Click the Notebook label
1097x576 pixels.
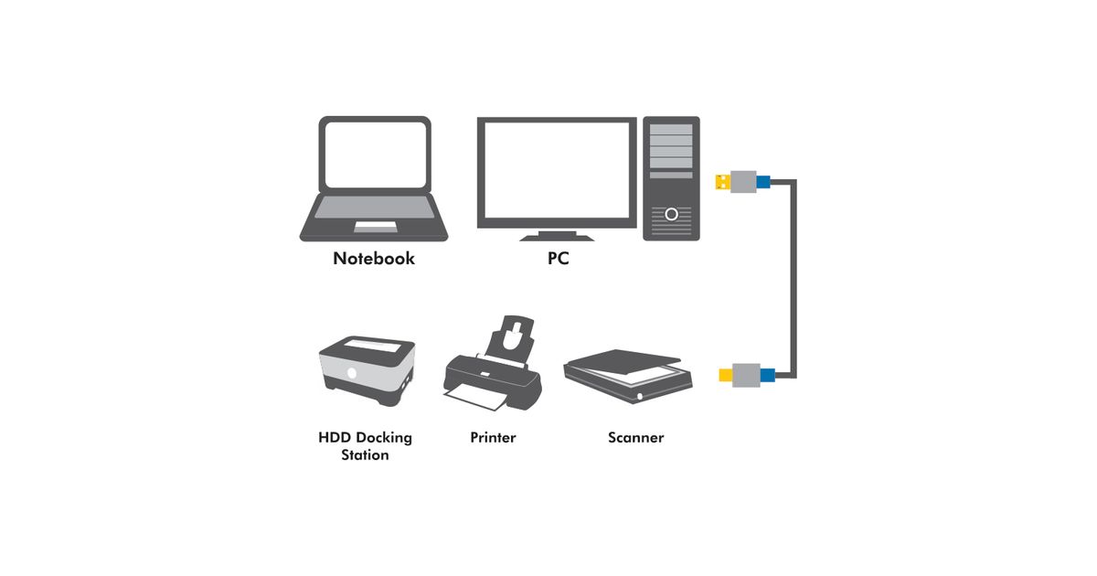(374, 259)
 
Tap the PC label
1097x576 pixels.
(559, 259)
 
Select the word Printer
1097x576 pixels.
(493, 438)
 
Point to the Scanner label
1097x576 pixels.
(635, 438)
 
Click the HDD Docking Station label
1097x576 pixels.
(365, 446)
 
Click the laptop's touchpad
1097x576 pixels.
(375, 226)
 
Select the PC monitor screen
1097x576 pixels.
(557, 170)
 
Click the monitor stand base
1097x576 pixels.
(557, 237)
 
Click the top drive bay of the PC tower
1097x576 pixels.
(671, 130)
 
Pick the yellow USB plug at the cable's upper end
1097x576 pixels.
(721, 182)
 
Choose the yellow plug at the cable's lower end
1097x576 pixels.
(725, 374)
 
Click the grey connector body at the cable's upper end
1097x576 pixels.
(742, 182)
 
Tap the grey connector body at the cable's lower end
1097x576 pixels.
(746, 374)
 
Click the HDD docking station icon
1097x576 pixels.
(366, 368)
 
